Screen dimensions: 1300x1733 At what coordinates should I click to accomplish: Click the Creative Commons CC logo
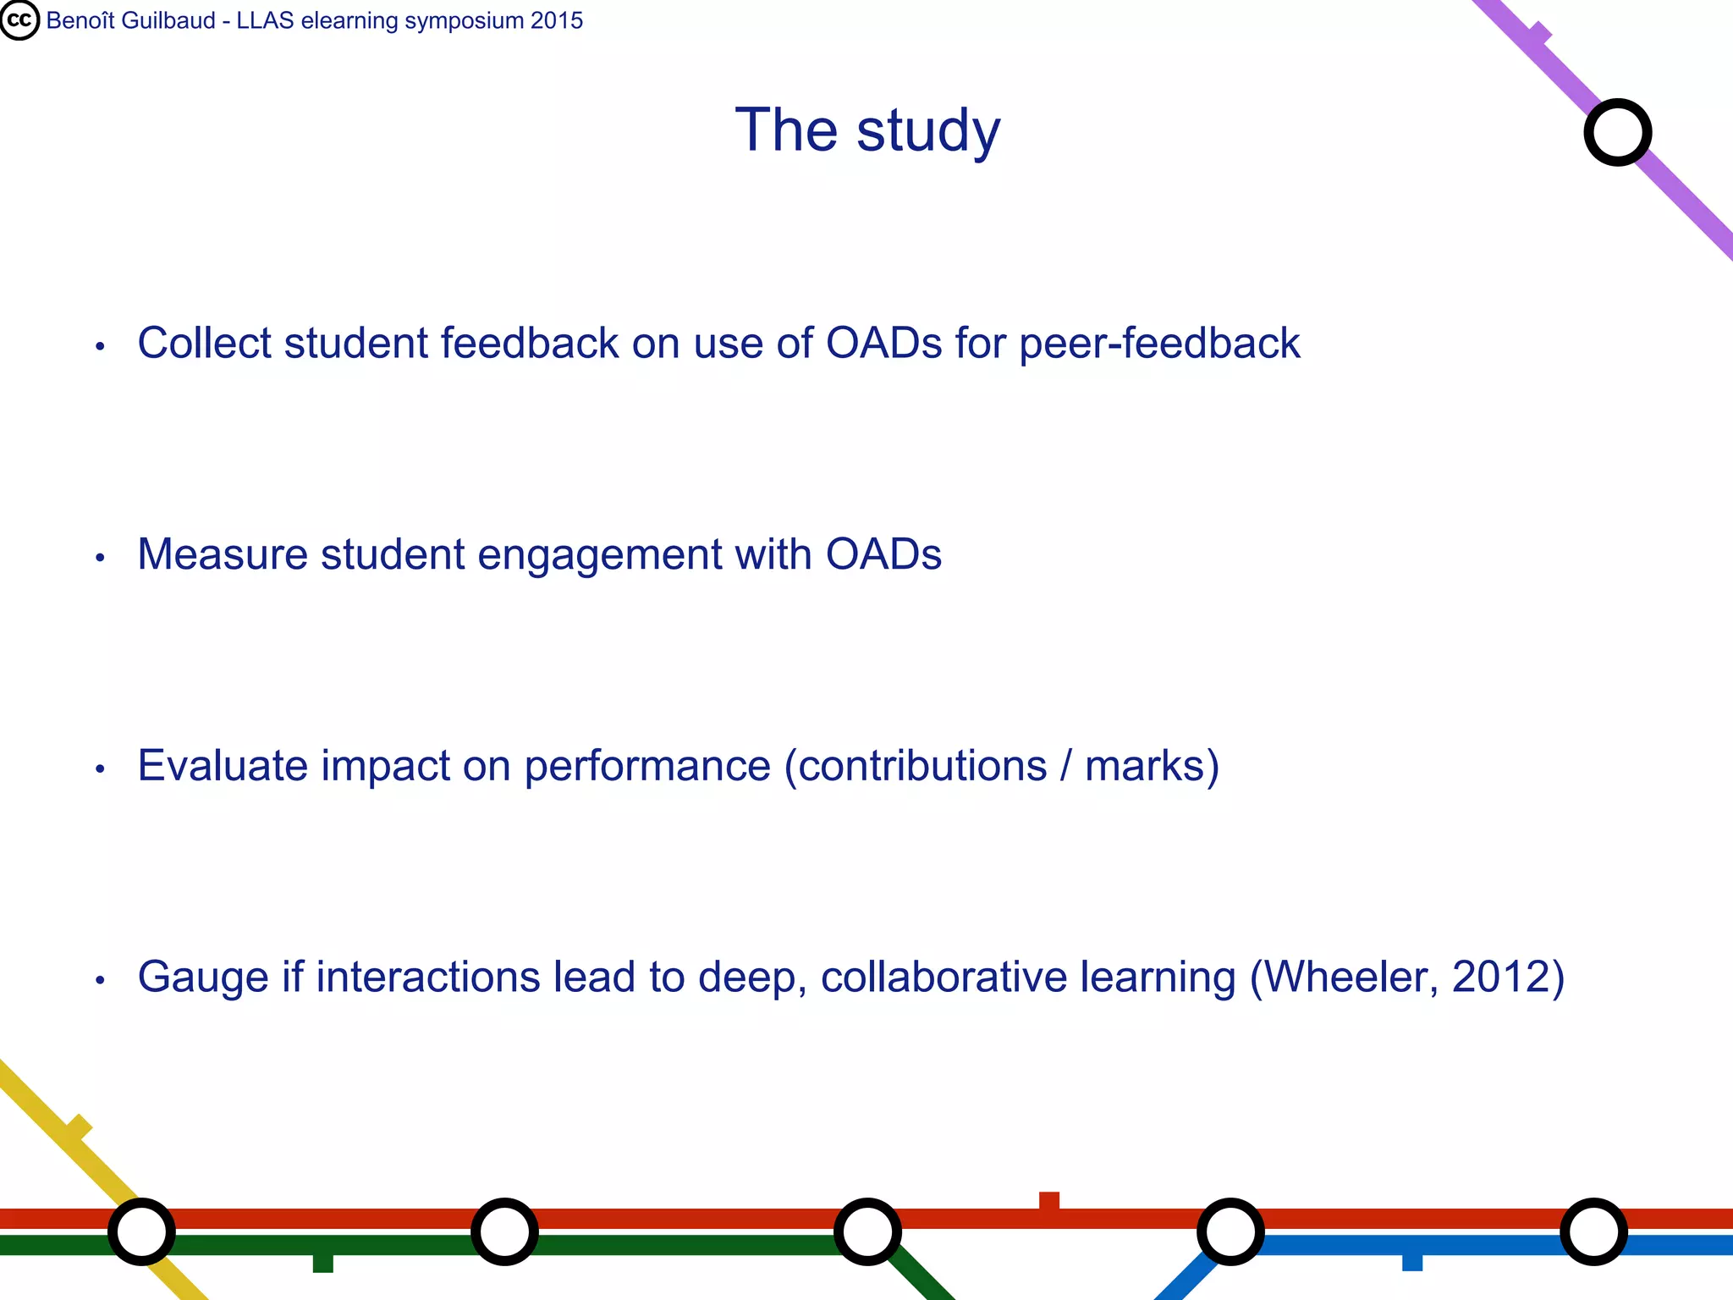click(x=19, y=20)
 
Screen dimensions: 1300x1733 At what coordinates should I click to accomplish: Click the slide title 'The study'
click(x=867, y=130)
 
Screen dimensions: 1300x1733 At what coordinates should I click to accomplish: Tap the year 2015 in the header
click(x=557, y=20)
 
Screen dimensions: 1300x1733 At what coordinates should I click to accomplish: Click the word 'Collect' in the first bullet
click(x=204, y=344)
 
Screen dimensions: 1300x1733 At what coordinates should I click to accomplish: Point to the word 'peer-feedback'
click(x=1159, y=344)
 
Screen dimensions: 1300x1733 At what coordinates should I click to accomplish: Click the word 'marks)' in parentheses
click(x=1152, y=766)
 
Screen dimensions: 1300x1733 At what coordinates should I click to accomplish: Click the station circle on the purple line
click(x=1617, y=133)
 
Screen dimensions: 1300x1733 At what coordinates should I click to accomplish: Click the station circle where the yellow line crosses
click(x=141, y=1231)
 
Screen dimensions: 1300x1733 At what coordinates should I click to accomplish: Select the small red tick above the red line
click(x=1048, y=1200)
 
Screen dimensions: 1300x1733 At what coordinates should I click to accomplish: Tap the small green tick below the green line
click(x=322, y=1263)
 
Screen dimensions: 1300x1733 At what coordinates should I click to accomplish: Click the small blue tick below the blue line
click(x=1411, y=1262)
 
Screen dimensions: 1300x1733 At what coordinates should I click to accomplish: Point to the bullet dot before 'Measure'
click(x=100, y=558)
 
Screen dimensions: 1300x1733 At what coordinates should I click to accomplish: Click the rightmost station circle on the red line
click(x=1593, y=1231)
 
